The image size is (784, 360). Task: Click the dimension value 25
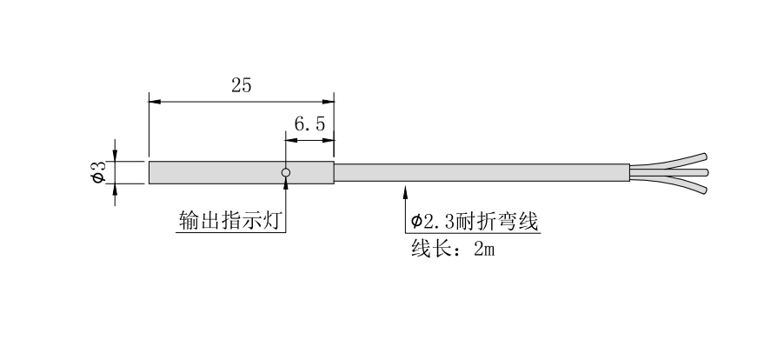point(242,85)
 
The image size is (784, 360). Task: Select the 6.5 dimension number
point(309,124)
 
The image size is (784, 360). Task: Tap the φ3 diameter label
point(98,172)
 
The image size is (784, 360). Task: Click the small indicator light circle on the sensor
point(285,172)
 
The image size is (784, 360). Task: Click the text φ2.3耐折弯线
point(475,222)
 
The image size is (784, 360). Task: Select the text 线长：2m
point(451,250)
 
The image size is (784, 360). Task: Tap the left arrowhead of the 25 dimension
point(155,101)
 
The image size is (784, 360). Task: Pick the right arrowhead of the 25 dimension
point(329,101)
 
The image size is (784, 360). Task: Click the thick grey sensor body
point(217,172)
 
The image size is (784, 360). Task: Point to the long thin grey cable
point(478,172)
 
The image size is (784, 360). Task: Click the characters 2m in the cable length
point(483,250)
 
